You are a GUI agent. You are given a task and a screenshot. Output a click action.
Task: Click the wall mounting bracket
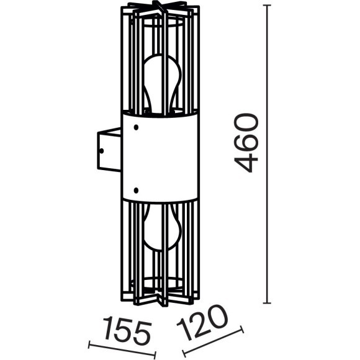click(108, 149)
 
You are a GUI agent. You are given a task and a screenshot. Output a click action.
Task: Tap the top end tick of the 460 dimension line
click(267, 6)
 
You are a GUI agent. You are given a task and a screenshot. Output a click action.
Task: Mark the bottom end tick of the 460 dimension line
click(267, 303)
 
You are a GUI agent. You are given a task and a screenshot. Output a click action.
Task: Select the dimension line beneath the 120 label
click(211, 341)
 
